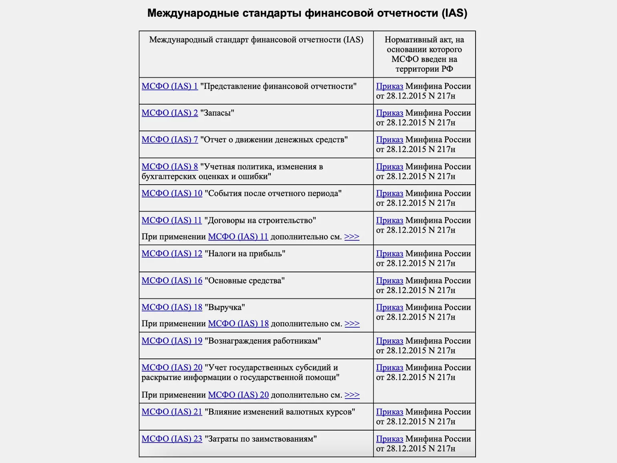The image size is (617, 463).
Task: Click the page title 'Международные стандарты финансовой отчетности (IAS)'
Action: pyautogui.click(x=307, y=13)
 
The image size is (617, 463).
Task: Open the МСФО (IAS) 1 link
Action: pyautogui.click(x=169, y=87)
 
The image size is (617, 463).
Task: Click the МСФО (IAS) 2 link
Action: pyautogui.click(x=169, y=113)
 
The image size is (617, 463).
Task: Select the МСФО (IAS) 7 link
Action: pyautogui.click(x=169, y=140)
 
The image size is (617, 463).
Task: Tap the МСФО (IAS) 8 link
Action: pyautogui.click(x=169, y=167)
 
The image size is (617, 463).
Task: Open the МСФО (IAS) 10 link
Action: pyautogui.click(x=172, y=194)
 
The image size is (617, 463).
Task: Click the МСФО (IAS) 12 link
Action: pyautogui.click(x=172, y=254)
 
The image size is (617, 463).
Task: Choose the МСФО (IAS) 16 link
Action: pyautogui.click(x=172, y=281)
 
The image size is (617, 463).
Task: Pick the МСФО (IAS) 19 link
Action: pyautogui.click(x=172, y=341)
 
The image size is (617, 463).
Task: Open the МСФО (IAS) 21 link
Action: pyautogui.click(x=172, y=412)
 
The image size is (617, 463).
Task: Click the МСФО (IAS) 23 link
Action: pyautogui.click(x=172, y=439)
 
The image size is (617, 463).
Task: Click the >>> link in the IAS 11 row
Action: pyautogui.click(x=352, y=237)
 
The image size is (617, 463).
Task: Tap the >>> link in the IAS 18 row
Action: pyautogui.click(x=352, y=324)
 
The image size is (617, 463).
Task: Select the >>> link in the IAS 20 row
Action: pyautogui.click(x=352, y=395)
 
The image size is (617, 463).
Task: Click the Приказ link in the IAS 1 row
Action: pyautogui.click(x=389, y=87)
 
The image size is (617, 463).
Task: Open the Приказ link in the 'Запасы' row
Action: pyautogui.click(x=389, y=113)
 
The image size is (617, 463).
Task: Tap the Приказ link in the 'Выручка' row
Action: pyautogui.click(x=389, y=308)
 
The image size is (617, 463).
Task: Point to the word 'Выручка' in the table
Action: pyautogui.click(x=225, y=308)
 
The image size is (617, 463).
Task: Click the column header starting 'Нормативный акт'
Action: pyautogui.click(x=424, y=54)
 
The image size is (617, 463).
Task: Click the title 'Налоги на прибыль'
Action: pyautogui.click(x=245, y=254)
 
